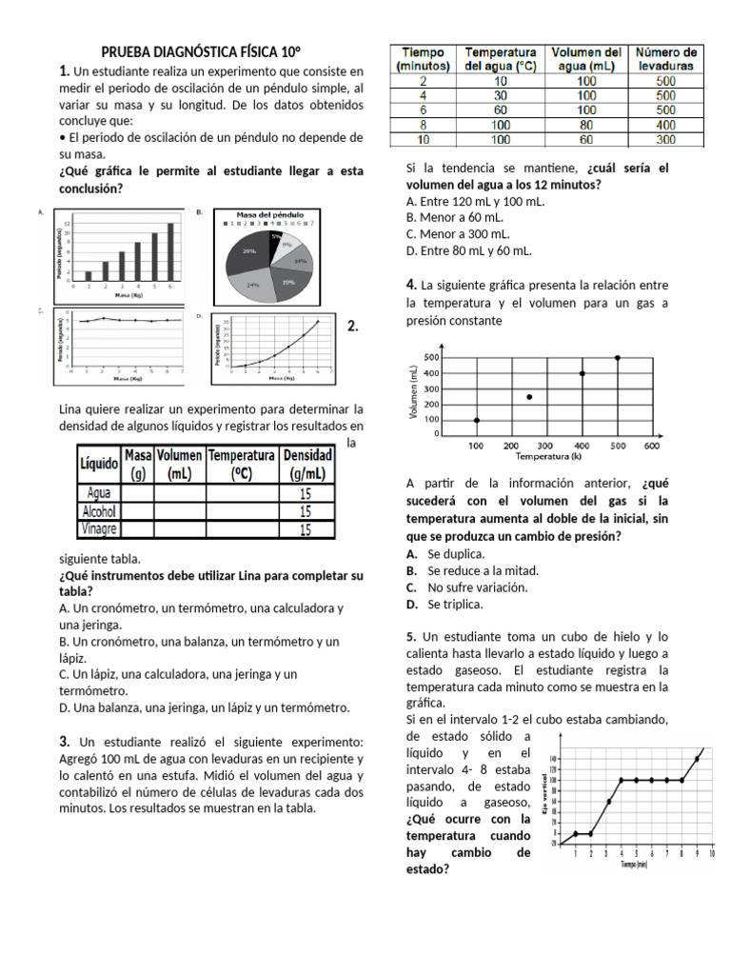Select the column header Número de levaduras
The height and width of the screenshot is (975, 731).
(666, 58)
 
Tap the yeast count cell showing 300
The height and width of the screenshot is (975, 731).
(666, 139)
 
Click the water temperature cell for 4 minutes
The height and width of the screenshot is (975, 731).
(500, 95)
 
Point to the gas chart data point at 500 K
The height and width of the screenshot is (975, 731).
(617, 358)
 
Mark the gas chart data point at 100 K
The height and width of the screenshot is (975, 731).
(476, 420)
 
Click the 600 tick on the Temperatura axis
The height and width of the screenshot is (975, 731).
(652, 446)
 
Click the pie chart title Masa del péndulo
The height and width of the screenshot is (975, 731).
(269, 215)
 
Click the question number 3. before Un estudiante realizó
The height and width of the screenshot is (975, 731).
(65, 742)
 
